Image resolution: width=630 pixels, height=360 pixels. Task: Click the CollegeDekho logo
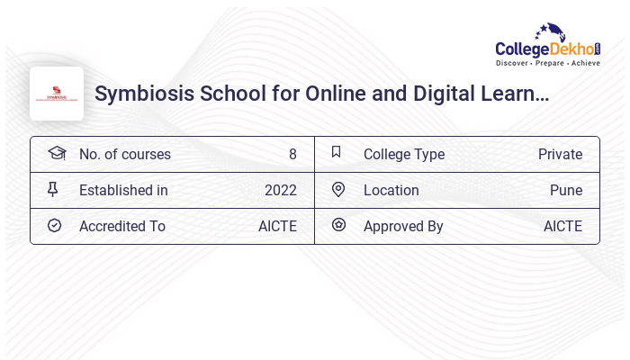(548, 45)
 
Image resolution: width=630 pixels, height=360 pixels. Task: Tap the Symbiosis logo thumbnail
(57, 94)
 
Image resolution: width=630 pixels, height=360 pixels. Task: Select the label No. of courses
(124, 154)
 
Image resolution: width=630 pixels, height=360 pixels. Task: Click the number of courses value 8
(292, 154)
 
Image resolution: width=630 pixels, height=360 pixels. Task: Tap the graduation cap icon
(56, 153)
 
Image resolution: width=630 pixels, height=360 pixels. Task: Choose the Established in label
(123, 190)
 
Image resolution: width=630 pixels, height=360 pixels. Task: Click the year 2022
(280, 190)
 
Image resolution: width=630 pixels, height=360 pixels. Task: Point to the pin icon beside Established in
(54, 189)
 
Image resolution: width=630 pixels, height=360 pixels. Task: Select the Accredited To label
(122, 226)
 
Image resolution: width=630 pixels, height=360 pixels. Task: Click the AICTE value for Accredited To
(277, 226)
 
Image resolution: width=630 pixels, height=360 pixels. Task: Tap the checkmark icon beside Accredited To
(54, 225)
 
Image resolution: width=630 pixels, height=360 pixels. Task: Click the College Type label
(404, 154)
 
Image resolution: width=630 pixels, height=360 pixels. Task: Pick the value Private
(560, 154)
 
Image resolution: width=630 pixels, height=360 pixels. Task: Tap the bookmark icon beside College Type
(337, 152)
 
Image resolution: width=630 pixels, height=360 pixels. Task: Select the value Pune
(566, 190)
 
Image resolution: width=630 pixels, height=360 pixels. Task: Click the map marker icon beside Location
(338, 189)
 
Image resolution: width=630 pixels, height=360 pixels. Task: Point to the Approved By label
(403, 226)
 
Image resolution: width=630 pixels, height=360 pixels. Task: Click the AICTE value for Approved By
(562, 226)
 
